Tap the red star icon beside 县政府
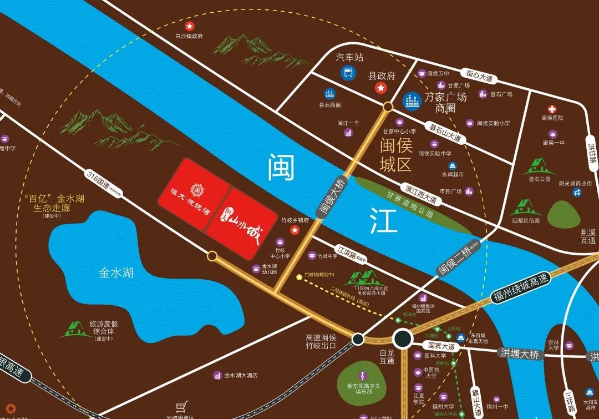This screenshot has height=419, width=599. point(380,88)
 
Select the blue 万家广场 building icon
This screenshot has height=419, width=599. point(412,100)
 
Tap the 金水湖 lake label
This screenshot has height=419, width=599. point(116,273)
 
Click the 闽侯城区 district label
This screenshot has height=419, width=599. point(395,156)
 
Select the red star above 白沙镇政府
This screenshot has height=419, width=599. point(189,26)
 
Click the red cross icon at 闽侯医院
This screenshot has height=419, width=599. point(552,109)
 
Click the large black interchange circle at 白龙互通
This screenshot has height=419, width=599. point(403,339)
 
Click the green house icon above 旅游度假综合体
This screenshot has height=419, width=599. point(77,330)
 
